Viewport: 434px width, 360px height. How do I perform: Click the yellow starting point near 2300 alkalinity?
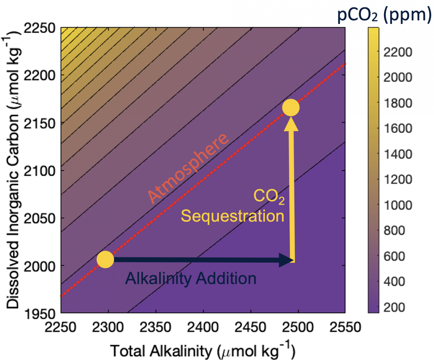tap(105, 259)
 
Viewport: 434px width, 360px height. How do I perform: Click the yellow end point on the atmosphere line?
tap(291, 108)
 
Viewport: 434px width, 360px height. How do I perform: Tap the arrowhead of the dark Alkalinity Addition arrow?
tap(286, 260)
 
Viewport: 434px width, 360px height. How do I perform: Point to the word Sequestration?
tap(232, 216)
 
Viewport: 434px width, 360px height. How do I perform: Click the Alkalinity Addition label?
tap(191, 278)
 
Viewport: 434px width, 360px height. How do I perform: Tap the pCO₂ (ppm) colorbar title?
tap(384, 15)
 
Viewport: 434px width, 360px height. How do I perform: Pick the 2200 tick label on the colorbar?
tap(398, 52)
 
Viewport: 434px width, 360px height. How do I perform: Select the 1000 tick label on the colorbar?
tap(398, 205)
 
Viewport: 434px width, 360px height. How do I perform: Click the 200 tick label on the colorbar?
tap(394, 307)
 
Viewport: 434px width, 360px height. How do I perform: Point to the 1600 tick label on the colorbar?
tap(398, 129)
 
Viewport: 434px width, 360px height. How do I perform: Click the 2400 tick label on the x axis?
tap(203, 328)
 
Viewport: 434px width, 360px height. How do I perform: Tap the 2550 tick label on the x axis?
tap(345, 328)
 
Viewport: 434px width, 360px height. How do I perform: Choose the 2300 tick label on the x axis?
tap(108, 328)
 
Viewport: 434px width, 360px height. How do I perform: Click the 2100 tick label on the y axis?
tap(40, 171)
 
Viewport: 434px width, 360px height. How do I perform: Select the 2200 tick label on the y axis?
tap(40, 75)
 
